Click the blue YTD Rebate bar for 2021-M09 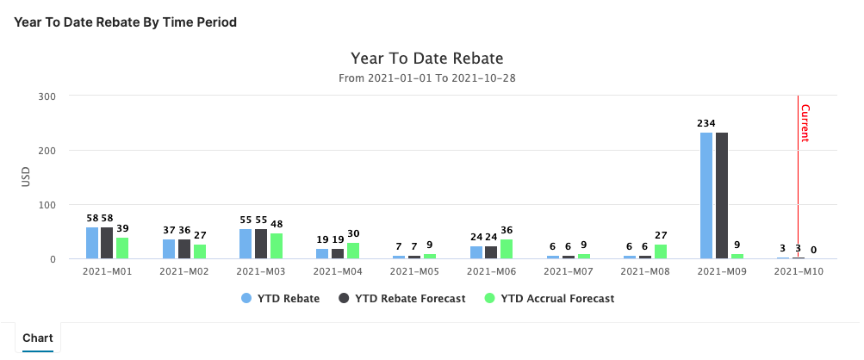706,196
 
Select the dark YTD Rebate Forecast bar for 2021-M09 722,196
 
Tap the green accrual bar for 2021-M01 122,248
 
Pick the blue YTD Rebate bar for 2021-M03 246,244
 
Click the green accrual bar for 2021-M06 507,249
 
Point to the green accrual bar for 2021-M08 661,251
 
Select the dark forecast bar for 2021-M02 184,249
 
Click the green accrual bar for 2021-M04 353,251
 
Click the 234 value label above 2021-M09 706,123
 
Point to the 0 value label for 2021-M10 813,250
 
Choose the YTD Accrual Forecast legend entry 551,299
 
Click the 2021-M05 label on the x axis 414,271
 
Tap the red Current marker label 805,122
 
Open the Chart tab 38,338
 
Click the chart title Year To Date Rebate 426,59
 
